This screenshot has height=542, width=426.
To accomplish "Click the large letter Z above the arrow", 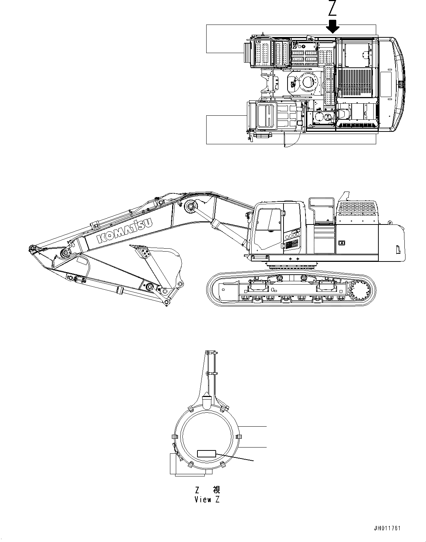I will click(x=332, y=8).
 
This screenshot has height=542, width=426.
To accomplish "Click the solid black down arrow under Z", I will click(x=333, y=26).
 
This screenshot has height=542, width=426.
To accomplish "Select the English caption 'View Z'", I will click(x=207, y=500).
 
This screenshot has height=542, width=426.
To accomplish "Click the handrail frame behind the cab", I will click(x=321, y=210).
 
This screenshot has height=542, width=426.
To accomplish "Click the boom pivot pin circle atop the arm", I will click(x=190, y=207).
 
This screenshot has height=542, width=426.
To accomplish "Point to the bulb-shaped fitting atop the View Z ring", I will click(x=207, y=402).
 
